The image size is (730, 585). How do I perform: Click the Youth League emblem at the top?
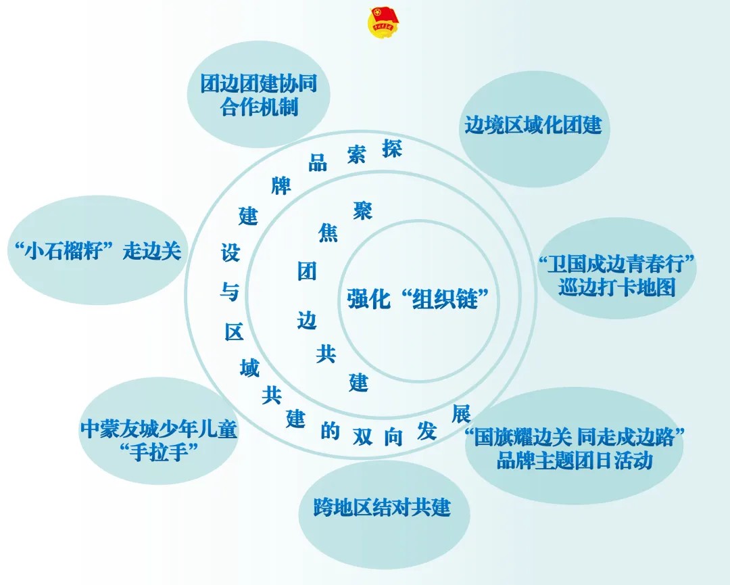tap(383, 22)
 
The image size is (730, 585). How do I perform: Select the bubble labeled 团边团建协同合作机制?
tap(259, 95)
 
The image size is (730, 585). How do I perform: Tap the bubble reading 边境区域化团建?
tap(533, 125)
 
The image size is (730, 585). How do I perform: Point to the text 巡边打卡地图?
tap(616, 287)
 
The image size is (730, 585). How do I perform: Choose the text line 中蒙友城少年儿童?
tap(159, 429)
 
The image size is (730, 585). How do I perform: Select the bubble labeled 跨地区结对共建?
tap(382, 507)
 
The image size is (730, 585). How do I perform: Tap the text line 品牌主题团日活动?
tap(575, 461)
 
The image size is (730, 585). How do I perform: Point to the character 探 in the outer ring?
tap(391, 148)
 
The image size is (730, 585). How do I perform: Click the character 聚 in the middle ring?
tap(362, 210)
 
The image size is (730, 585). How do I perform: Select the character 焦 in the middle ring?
tap(328, 233)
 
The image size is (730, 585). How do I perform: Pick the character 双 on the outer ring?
tap(363, 438)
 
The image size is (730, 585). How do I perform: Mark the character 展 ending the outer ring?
tap(460, 413)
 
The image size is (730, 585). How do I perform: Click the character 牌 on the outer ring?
tap(281, 185)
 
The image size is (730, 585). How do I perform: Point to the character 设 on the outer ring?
tap(230, 252)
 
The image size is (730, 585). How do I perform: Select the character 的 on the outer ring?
tap(330, 431)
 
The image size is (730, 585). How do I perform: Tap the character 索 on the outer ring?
tap(356, 154)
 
